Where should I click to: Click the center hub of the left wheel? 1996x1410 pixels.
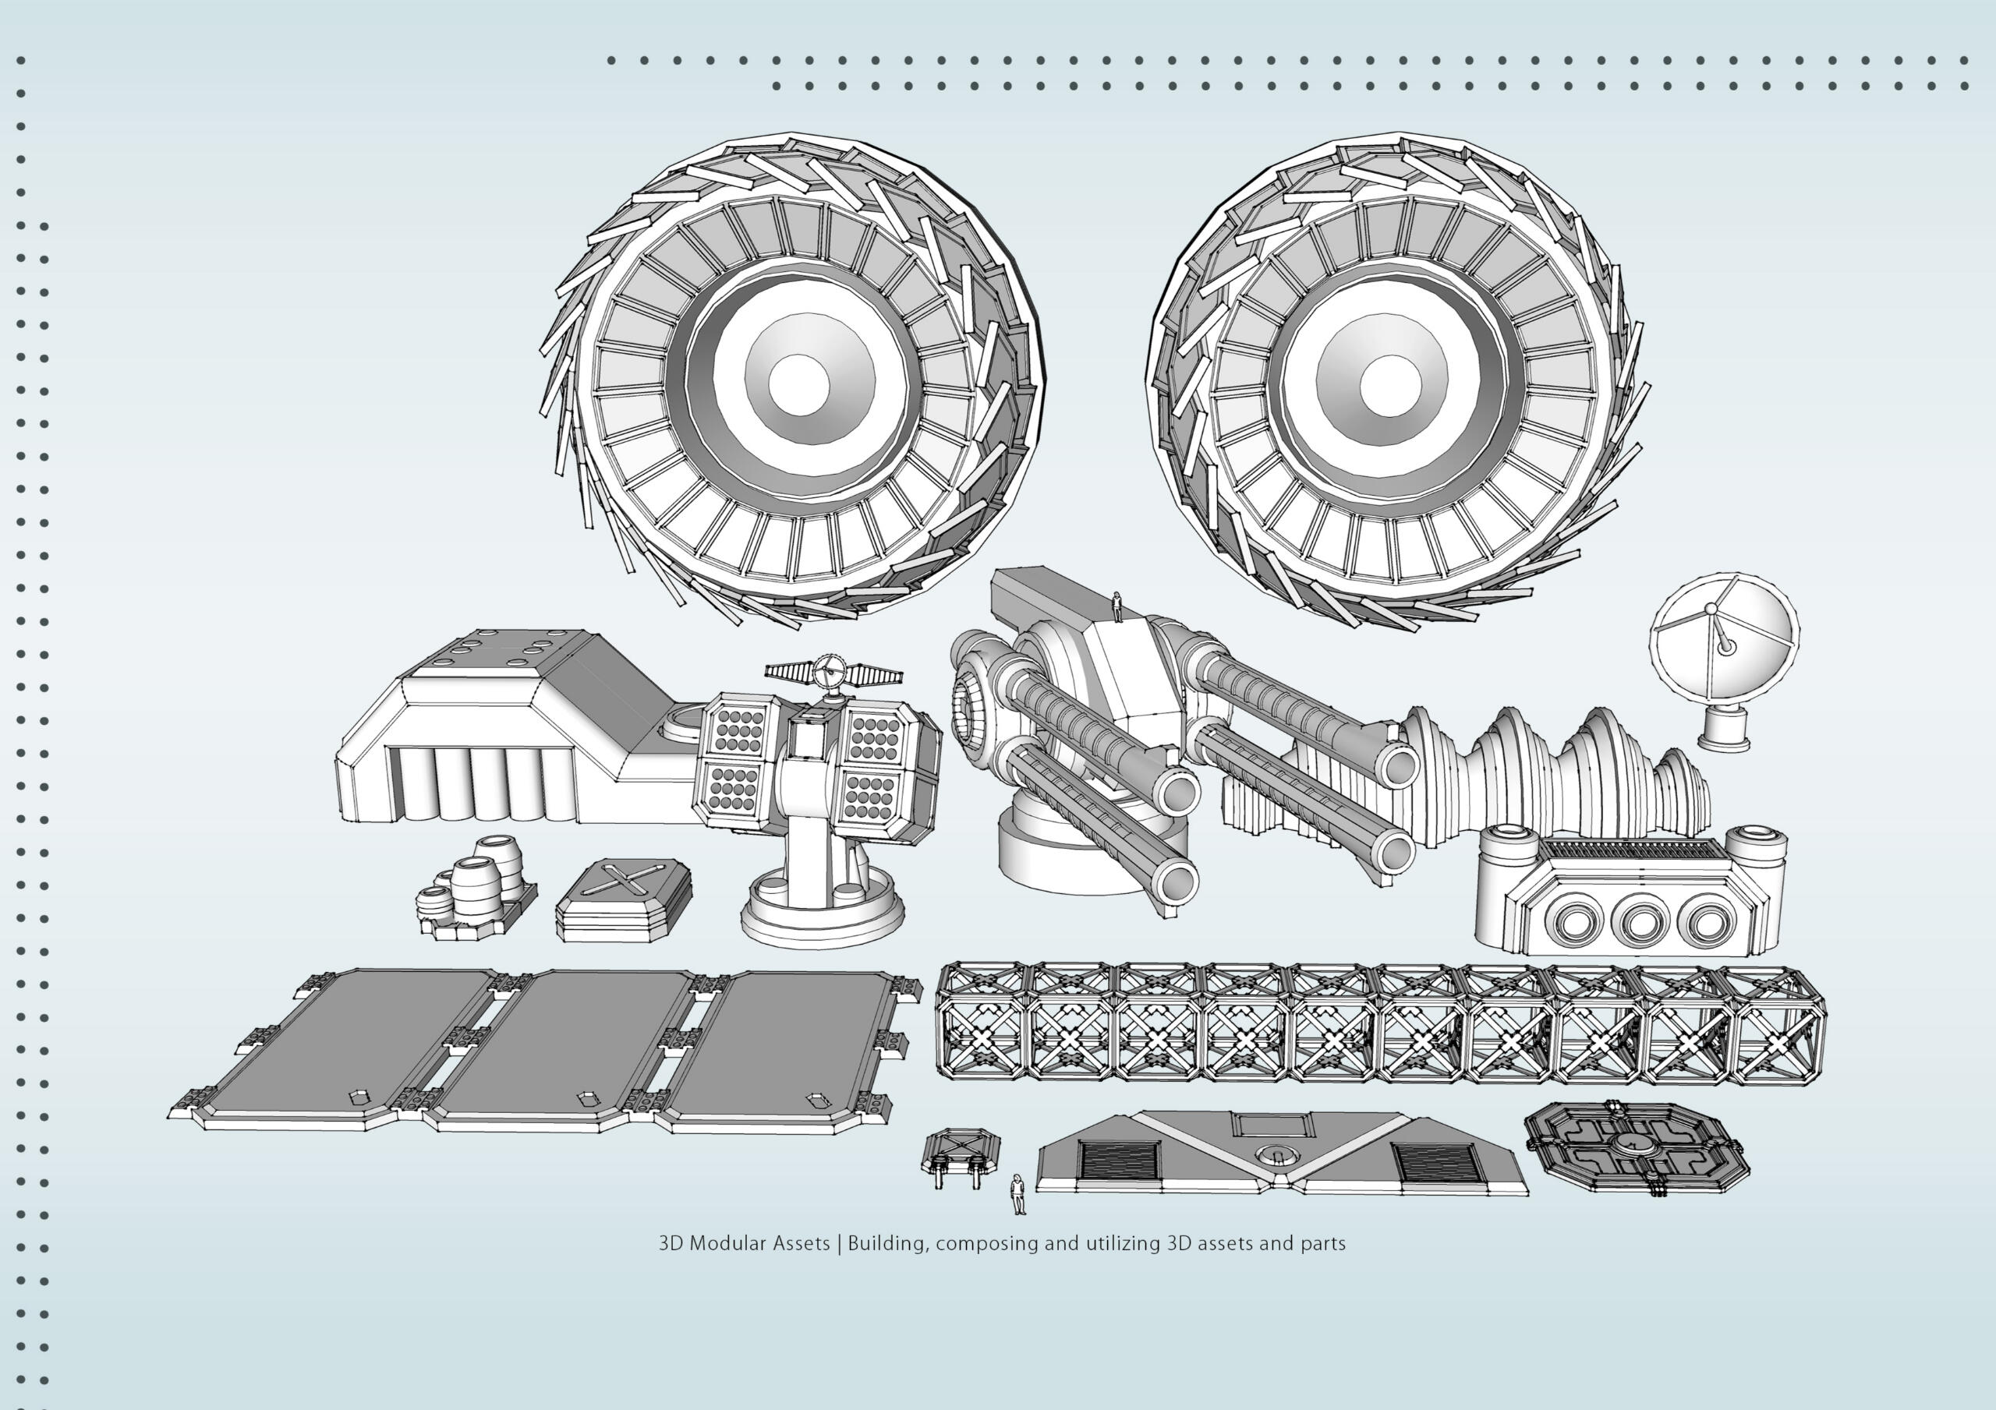pos(798,383)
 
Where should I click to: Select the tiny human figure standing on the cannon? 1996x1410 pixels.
pos(1117,606)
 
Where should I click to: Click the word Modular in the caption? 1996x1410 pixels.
pos(759,1244)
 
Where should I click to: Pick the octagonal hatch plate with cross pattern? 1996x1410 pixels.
pos(1636,1147)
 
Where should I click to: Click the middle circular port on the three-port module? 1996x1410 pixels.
pos(1639,923)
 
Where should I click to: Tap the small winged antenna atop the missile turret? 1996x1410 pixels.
pos(833,672)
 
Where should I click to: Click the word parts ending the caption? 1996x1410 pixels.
pos(1322,1244)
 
